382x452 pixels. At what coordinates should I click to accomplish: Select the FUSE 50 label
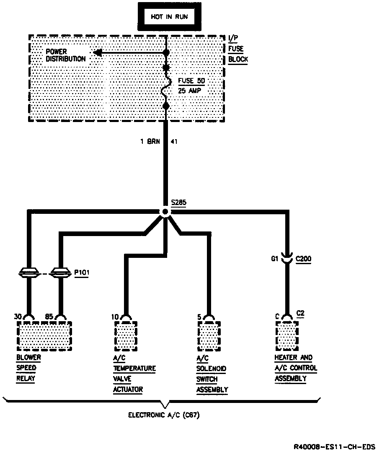tap(192, 81)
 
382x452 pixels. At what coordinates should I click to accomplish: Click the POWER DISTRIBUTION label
tap(65, 55)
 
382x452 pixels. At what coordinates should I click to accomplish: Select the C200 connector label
tap(303, 259)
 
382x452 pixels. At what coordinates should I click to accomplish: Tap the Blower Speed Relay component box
tap(44, 336)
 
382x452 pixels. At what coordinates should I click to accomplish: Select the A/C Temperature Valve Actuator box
tap(126, 336)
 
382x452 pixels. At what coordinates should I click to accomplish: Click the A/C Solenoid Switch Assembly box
tap(209, 336)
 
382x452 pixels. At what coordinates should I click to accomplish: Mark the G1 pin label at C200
tap(275, 259)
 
